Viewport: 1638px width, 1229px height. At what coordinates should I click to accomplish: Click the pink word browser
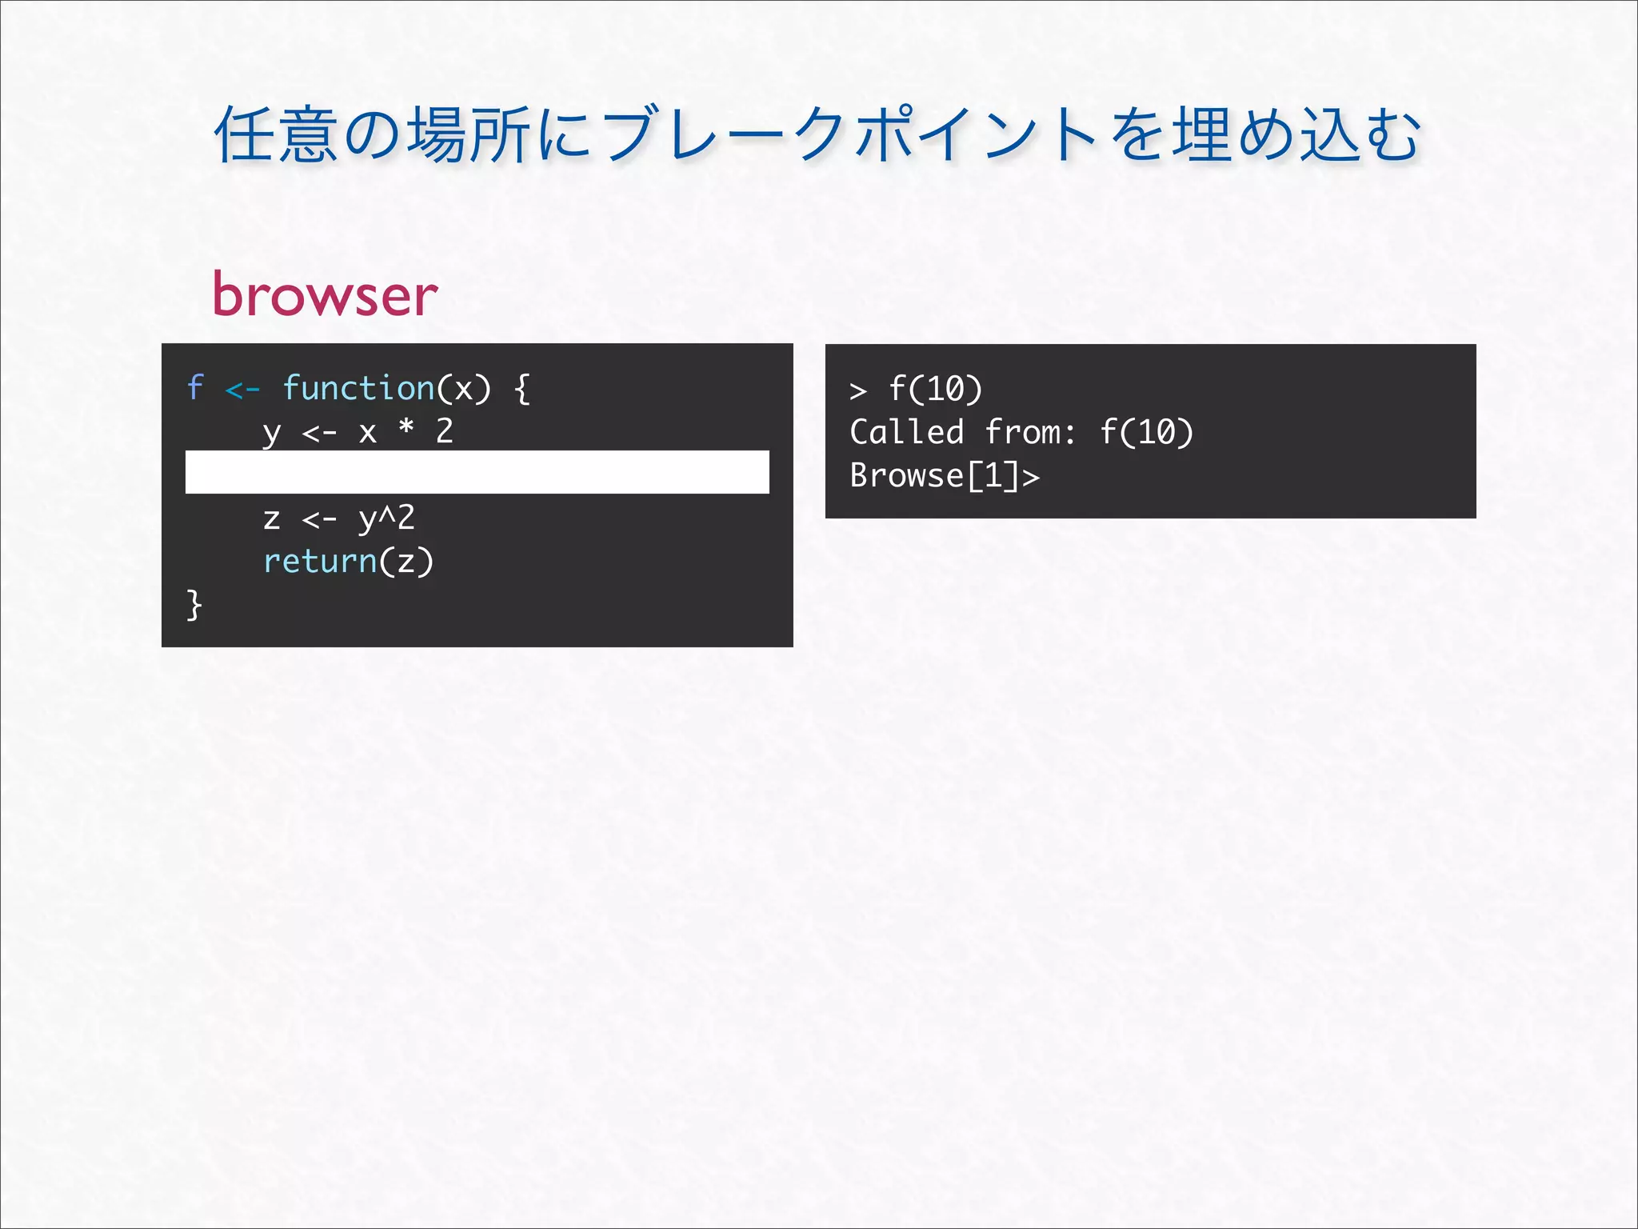pyautogui.click(x=325, y=294)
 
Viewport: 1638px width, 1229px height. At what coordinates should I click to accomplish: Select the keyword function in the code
pyautogui.click(x=358, y=388)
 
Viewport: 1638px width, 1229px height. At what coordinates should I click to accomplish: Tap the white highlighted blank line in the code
pyautogui.click(x=477, y=472)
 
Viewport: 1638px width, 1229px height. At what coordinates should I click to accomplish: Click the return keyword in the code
pyautogui.click(x=320, y=561)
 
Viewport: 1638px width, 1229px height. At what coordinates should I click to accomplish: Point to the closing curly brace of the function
pyautogui.click(x=194, y=604)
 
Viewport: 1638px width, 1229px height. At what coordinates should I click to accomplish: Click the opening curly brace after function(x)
pyautogui.click(x=522, y=389)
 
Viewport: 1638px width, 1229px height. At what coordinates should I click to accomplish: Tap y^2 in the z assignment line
pyautogui.click(x=386, y=518)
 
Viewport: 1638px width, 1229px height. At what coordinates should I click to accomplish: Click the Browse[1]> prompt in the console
pyautogui.click(x=944, y=476)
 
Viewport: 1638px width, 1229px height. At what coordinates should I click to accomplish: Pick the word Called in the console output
pyautogui.click(x=906, y=433)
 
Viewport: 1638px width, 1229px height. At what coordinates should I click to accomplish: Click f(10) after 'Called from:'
pyautogui.click(x=1146, y=433)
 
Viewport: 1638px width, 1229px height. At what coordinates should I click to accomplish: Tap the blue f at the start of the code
pyautogui.click(x=195, y=388)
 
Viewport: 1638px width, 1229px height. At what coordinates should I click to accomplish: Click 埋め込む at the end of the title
pyautogui.click(x=1296, y=135)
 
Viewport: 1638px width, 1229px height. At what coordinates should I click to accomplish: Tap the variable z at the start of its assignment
pyautogui.click(x=271, y=518)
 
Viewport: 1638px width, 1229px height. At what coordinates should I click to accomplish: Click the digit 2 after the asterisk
pyautogui.click(x=445, y=431)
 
